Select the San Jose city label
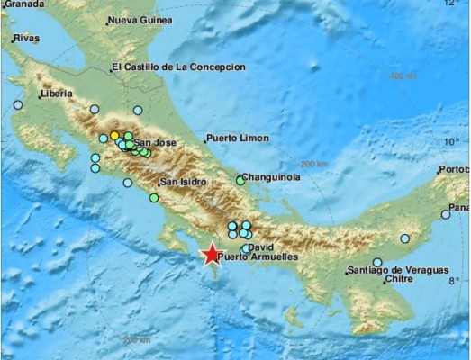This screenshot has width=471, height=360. pos(154,142)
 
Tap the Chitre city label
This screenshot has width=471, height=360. pos(399,280)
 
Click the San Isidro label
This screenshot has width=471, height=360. pos(182,182)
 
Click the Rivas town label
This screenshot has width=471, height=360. pos(26,39)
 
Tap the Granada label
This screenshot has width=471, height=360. pos(20,3)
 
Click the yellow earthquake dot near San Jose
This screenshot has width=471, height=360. pos(115,136)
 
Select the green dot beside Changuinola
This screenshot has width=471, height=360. pos(240,180)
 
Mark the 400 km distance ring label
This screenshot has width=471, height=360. pos(402,76)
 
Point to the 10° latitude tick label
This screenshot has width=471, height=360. pos(451,141)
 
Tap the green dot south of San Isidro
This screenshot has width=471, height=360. pos(154,198)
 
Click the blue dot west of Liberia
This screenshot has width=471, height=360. pos(18,105)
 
